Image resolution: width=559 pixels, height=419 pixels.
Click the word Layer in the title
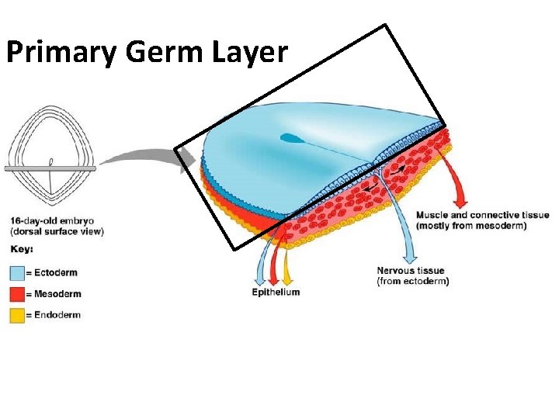point(250,52)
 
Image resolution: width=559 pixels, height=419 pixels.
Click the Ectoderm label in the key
point(57,273)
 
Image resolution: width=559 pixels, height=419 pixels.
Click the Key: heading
point(22,250)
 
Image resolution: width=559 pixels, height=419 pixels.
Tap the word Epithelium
point(276,292)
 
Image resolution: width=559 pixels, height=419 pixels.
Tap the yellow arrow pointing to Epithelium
point(287,264)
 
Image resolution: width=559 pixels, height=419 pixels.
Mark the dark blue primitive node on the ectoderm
point(291,139)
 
